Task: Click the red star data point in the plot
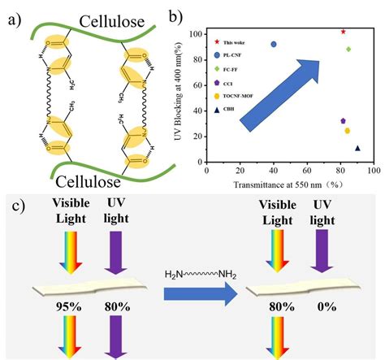tap(343, 32)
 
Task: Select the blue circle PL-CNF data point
tap(274, 45)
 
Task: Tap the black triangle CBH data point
tap(357, 148)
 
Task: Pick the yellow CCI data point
tap(348, 130)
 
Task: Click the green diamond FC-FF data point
tap(348, 49)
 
